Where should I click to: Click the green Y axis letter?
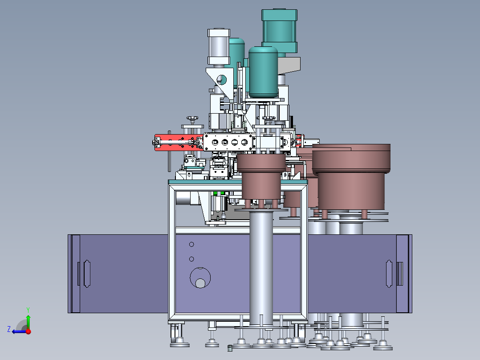pyautogui.click(x=28, y=310)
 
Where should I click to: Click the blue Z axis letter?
pyautogui.click(x=9, y=329)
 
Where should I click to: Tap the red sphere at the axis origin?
pyautogui.click(x=28, y=331)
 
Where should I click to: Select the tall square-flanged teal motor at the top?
pyautogui.click(x=279, y=32)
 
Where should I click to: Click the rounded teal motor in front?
pyautogui.click(x=263, y=72)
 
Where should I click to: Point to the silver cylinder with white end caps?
pyautogui.click(x=219, y=47)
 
